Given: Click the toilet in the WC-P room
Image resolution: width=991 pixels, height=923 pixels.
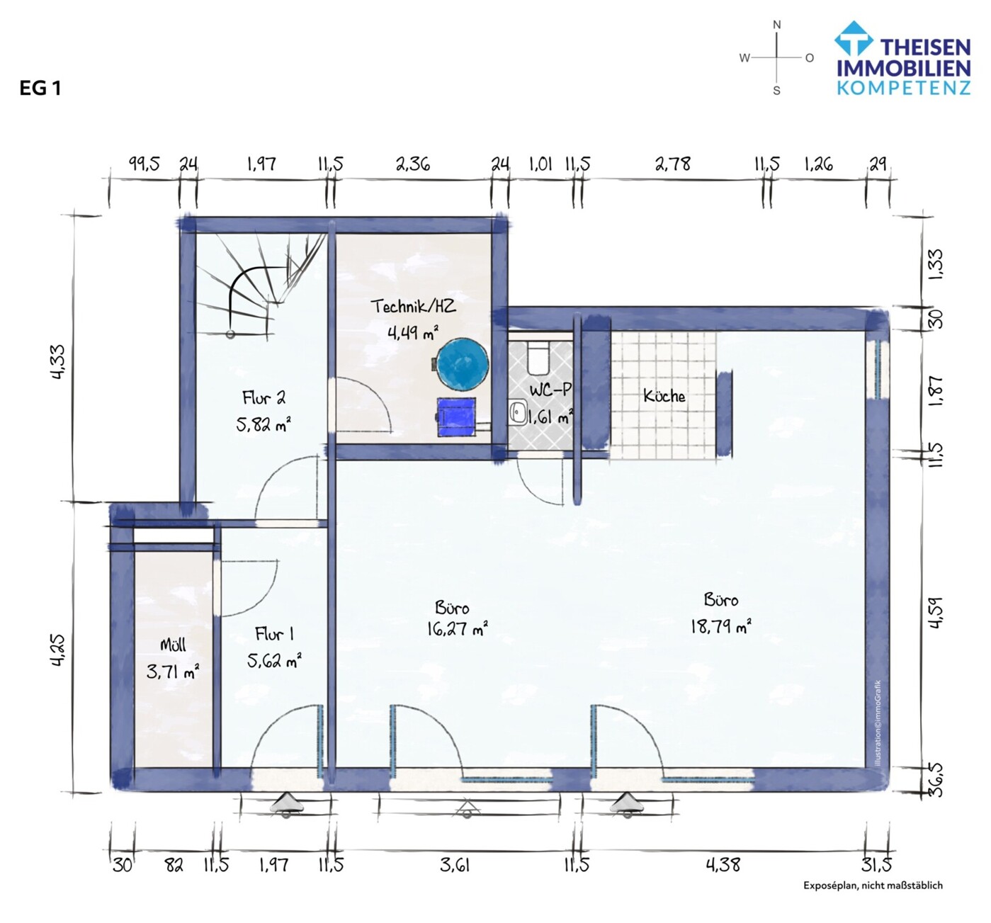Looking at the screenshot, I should pyautogui.click(x=538, y=358).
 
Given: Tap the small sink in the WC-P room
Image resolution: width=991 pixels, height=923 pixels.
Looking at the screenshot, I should pyautogui.click(x=518, y=411).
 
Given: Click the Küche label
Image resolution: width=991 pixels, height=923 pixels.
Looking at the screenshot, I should pyautogui.click(x=664, y=396).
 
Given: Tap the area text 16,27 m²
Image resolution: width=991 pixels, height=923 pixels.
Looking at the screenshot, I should pyautogui.click(x=457, y=628).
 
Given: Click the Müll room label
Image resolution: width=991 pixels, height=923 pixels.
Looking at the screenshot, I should pyautogui.click(x=173, y=645).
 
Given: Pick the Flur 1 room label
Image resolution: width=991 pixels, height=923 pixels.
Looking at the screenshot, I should pyautogui.click(x=274, y=634).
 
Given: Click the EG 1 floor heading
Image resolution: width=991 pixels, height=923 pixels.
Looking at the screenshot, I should pyautogui.click(x=40, y=89).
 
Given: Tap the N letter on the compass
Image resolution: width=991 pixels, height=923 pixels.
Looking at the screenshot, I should pyautogui.click(x=776, y=25).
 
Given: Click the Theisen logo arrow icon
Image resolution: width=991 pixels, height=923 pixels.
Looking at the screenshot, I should pyautogui.click(x=853, y=38).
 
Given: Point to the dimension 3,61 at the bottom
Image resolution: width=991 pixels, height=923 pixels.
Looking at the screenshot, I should pyautogui.click(x=454, y=865).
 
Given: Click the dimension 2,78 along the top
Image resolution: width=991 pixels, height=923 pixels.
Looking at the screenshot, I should pyautogui.click(x=672, y=164).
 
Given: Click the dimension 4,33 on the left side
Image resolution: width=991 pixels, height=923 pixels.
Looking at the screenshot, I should pyautogui.click(x=57, y=361).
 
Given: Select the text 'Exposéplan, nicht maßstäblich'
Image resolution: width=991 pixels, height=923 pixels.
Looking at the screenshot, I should pyautogui.click(x=873, y=885).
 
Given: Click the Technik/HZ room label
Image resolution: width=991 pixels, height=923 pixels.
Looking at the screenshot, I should pyautogui.click(x=413, y=306).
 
